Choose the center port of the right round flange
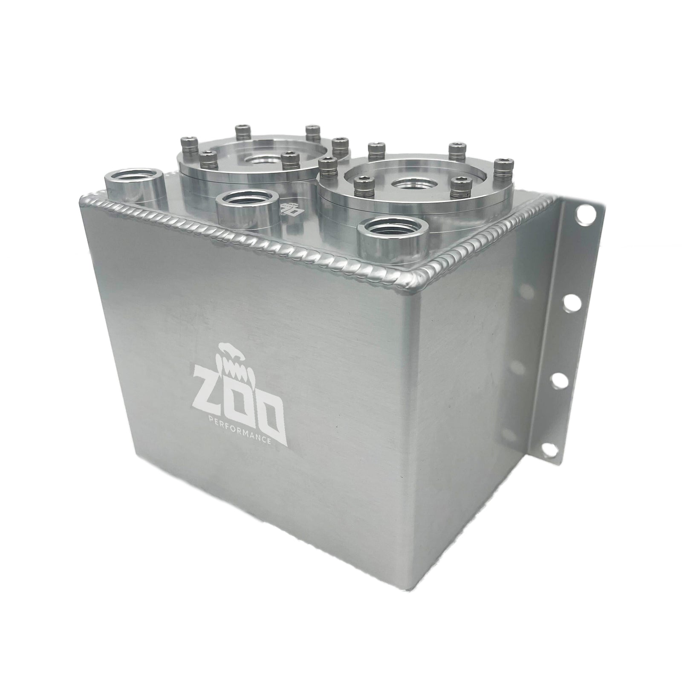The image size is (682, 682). (408, 185)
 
